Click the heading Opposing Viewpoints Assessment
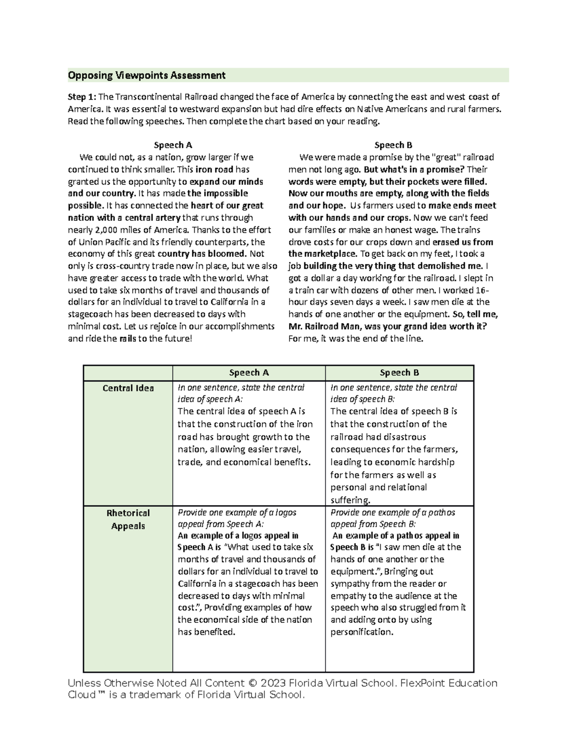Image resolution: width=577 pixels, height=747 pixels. point(147,76)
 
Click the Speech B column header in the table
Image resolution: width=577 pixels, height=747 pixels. point(399,372)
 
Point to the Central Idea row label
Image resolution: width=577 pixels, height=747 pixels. point(128,388)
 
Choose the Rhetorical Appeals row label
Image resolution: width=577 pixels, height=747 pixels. point(128,519)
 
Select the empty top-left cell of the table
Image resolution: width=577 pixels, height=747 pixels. point(128,373)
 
